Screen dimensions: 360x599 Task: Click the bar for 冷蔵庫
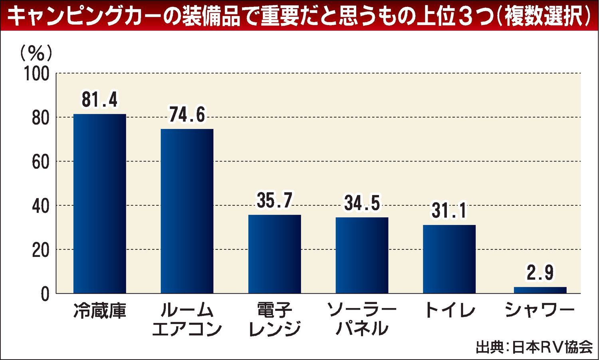click(100, 204)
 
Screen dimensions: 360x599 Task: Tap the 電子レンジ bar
click(275, 254)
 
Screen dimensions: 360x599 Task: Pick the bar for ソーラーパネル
click(362, 255)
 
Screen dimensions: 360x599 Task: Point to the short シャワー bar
click(540, 290)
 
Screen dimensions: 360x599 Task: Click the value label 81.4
click(100, 100)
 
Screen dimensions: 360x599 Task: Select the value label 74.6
click(187, 115)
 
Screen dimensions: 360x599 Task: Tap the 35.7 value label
click(275, 201)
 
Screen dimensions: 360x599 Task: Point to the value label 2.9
click(540, 273)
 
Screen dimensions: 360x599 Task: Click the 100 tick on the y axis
click(37, 74)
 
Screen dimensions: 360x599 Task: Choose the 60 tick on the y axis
click(40, 162)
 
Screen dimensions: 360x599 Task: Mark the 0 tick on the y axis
click(45, 294)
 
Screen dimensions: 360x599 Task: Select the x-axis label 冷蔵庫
click(100, 311)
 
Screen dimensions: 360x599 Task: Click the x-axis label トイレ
click(449, 310)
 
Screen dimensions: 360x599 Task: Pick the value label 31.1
click(449, 211)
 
